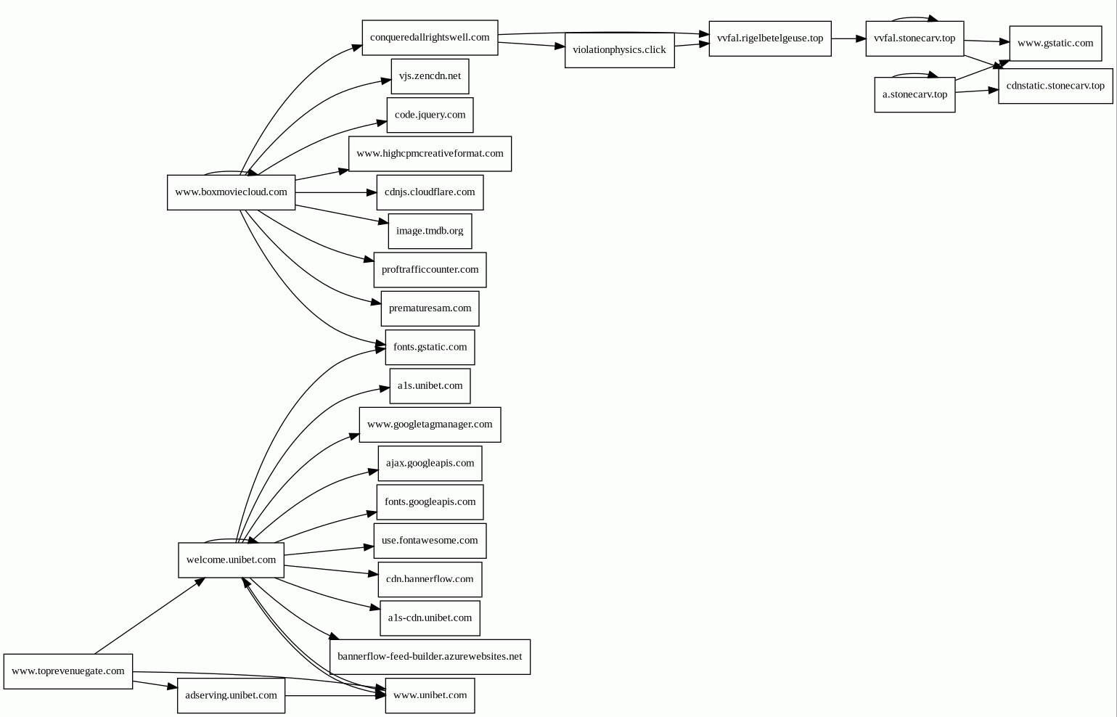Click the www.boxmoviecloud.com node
(x=231, y=192)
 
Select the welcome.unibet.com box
(x=231, y=560)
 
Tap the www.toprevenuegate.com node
(x=68, y=671)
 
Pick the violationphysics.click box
(x=619, y=50)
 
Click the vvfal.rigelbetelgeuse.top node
(x=770, y=38)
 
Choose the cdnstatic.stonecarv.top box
(x=1055, y=86)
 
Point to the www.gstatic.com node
(x=1055, y=44)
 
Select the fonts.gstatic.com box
(x=430, y=347)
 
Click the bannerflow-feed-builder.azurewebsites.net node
(x=430, y=657)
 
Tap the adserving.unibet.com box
(x=231, y=695)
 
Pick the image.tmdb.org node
(x=430, y=231)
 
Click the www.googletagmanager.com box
(x=430, y=425)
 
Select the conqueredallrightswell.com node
(x=430, y=38)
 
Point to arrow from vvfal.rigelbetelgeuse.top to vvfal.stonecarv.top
(x=848, y=38)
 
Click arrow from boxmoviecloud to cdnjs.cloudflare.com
(x=336, y=192)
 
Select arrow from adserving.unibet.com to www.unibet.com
(x=335, y=695)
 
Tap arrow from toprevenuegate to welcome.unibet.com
(x=150, y=615)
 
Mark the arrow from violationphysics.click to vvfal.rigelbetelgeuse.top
(x=692, y=45)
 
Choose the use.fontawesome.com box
(x=430, y=541)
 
